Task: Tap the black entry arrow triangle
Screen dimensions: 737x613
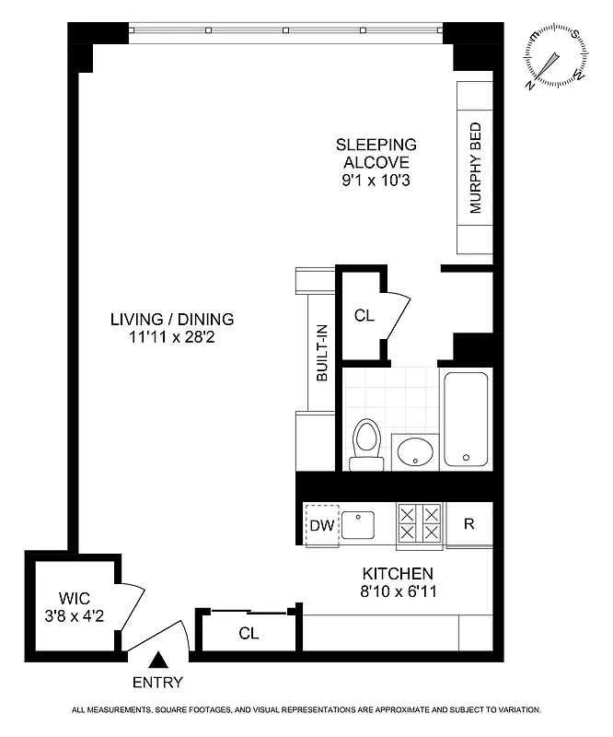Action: (x=158, y=660)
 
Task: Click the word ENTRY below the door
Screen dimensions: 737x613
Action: (x=158, y=683)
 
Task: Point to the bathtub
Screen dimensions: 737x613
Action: (x=468, y=419)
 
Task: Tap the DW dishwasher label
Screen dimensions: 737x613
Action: (x=320, y=525)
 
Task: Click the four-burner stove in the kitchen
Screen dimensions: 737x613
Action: (x=419, y=524)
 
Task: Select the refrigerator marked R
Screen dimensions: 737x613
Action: (x=468, y=524)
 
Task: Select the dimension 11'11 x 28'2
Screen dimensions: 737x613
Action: (x=172, y=337)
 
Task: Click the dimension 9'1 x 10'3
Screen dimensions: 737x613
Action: (x=376, y=181)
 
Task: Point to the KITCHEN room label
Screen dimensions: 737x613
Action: (x=397, y=573)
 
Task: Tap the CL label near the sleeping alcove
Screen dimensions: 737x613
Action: (x=364, y=315)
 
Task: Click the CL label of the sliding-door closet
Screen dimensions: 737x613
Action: (x=249, y=633)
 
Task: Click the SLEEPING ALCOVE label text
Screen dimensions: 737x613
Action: (x=376, y=153)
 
